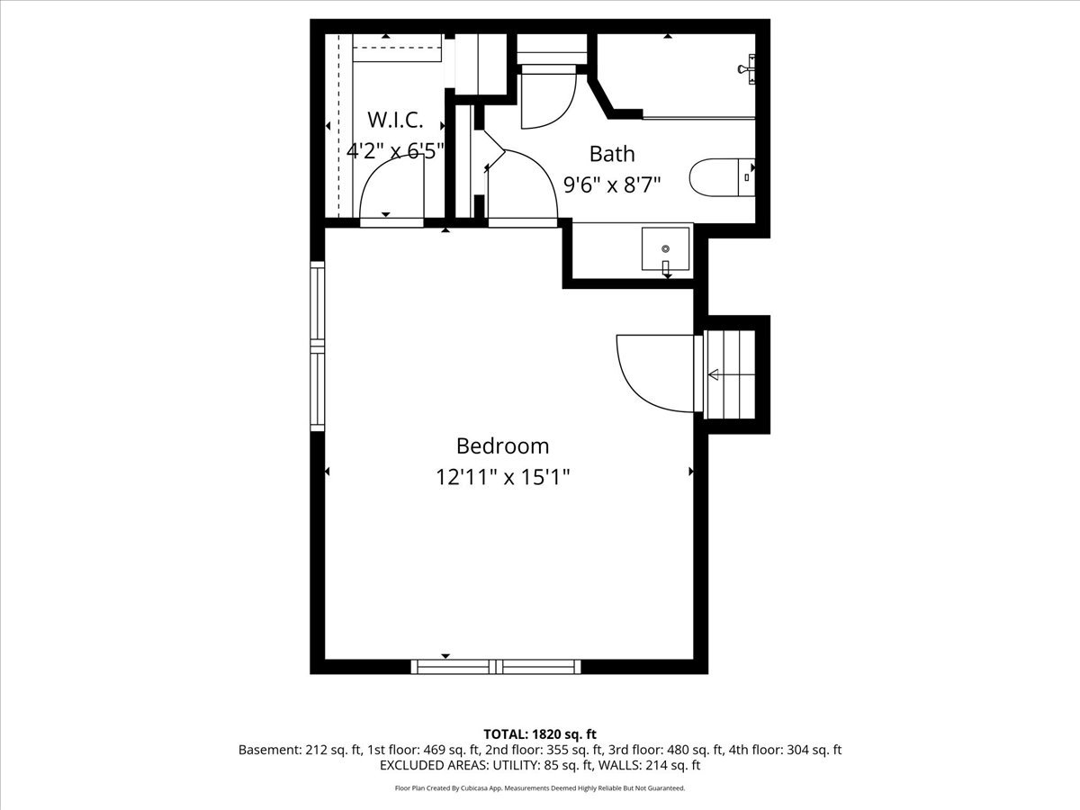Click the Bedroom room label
pos(502,446)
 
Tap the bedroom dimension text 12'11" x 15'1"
pos(502,477)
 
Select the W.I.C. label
pos(395,120)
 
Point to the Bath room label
pos(612,154)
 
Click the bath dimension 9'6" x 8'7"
pos(612,184)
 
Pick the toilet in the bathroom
pos(723,177)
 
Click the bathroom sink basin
pos(665,249)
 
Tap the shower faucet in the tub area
pos(747,69)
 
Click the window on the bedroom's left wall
pos(318,346)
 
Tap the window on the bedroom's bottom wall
pos(496,666)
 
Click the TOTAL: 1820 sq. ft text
pos(540,734)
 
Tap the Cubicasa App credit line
pos(540,788)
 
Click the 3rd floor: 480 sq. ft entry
pos(666,750)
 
